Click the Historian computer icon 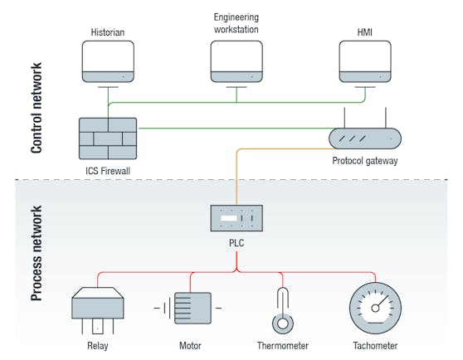point(108,64)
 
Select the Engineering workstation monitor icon point(236,64)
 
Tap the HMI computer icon point(365,64)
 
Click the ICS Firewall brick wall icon point(108,139)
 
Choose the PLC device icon point(236,218)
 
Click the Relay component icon point(98,311)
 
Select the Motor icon point(188,308)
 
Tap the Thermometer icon point(283,311)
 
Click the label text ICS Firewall point(108,171)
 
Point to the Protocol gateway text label point(365,161)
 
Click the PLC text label point(236,243)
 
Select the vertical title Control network point(37,108)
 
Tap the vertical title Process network point(37,253)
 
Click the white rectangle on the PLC point(229,218)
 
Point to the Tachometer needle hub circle point(375,309)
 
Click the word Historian point(108,32)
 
